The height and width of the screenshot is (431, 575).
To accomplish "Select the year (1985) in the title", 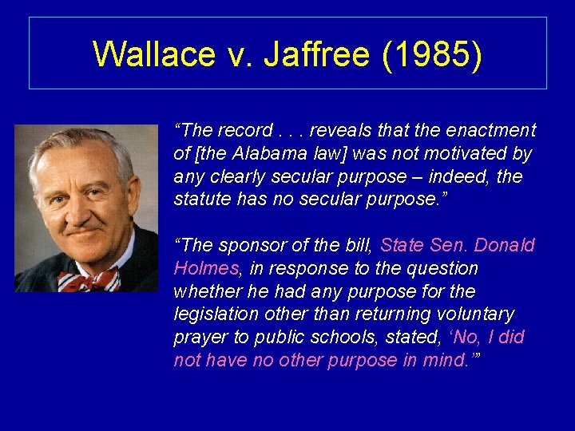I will click(432, 54).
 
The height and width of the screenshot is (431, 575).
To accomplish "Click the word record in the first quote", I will click(243, 130).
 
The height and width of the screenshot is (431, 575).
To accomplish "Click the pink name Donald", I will click(505, 246).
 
